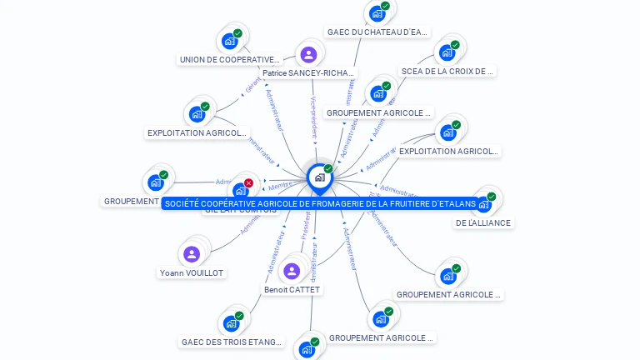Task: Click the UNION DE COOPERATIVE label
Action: tap(230, 60)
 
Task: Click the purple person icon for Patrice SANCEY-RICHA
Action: tap(309, 55)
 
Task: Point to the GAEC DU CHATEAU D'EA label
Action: tap(377, 32)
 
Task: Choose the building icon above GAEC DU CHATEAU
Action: tap(377, 13)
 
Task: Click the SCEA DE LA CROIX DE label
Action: tap(447, 72)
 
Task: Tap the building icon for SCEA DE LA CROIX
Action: tap(447, 53)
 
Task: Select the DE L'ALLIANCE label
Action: tap(483, 223)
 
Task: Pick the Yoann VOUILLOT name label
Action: tap(192, 273)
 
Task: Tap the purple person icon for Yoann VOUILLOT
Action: tap(192, 254)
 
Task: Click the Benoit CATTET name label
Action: tap(292, 290)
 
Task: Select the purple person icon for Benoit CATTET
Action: tap(292, 271)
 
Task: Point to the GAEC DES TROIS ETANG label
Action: tap(232, 342)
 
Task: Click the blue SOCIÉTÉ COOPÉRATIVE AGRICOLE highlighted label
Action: tap(320, 204)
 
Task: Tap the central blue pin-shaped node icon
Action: tap(319, 177)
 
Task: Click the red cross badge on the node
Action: tap(248, 182)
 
